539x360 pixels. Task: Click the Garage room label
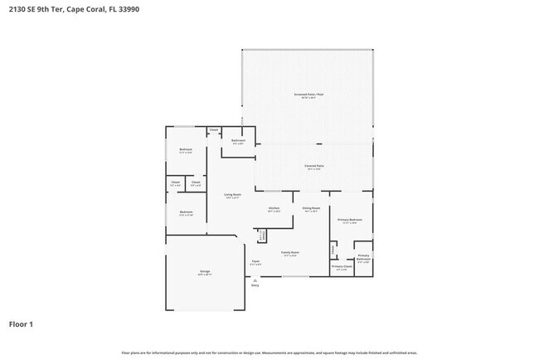pyautogui.click(x=204, y=272)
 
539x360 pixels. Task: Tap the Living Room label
pyautogui.click(x=232, y=196)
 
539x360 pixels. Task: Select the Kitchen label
pyautogui.click(x=274, y=208)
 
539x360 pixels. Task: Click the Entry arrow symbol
pyautogui.click(x=255, y=280)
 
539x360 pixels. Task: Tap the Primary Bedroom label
pyautogui.click(x=347, y=220)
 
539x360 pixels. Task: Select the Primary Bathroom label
pyautogui.click(x=363, y=258)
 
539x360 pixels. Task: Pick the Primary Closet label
pyautogui.click(x=342, y=267)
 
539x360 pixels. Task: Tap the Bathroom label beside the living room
pyautogui.click(x=237, y=142)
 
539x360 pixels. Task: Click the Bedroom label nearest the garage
pyautogui.click(x=186, y=213)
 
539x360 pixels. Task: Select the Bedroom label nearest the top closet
pyautogui.click(x=186, y=151)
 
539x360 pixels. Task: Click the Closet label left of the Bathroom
pyautogui.click(x=213, y=129)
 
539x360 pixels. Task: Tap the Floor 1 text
pyautogui.click(x=22, y=324)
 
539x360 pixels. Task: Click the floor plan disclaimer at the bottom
pyautogui.click(x=269, y=353)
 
